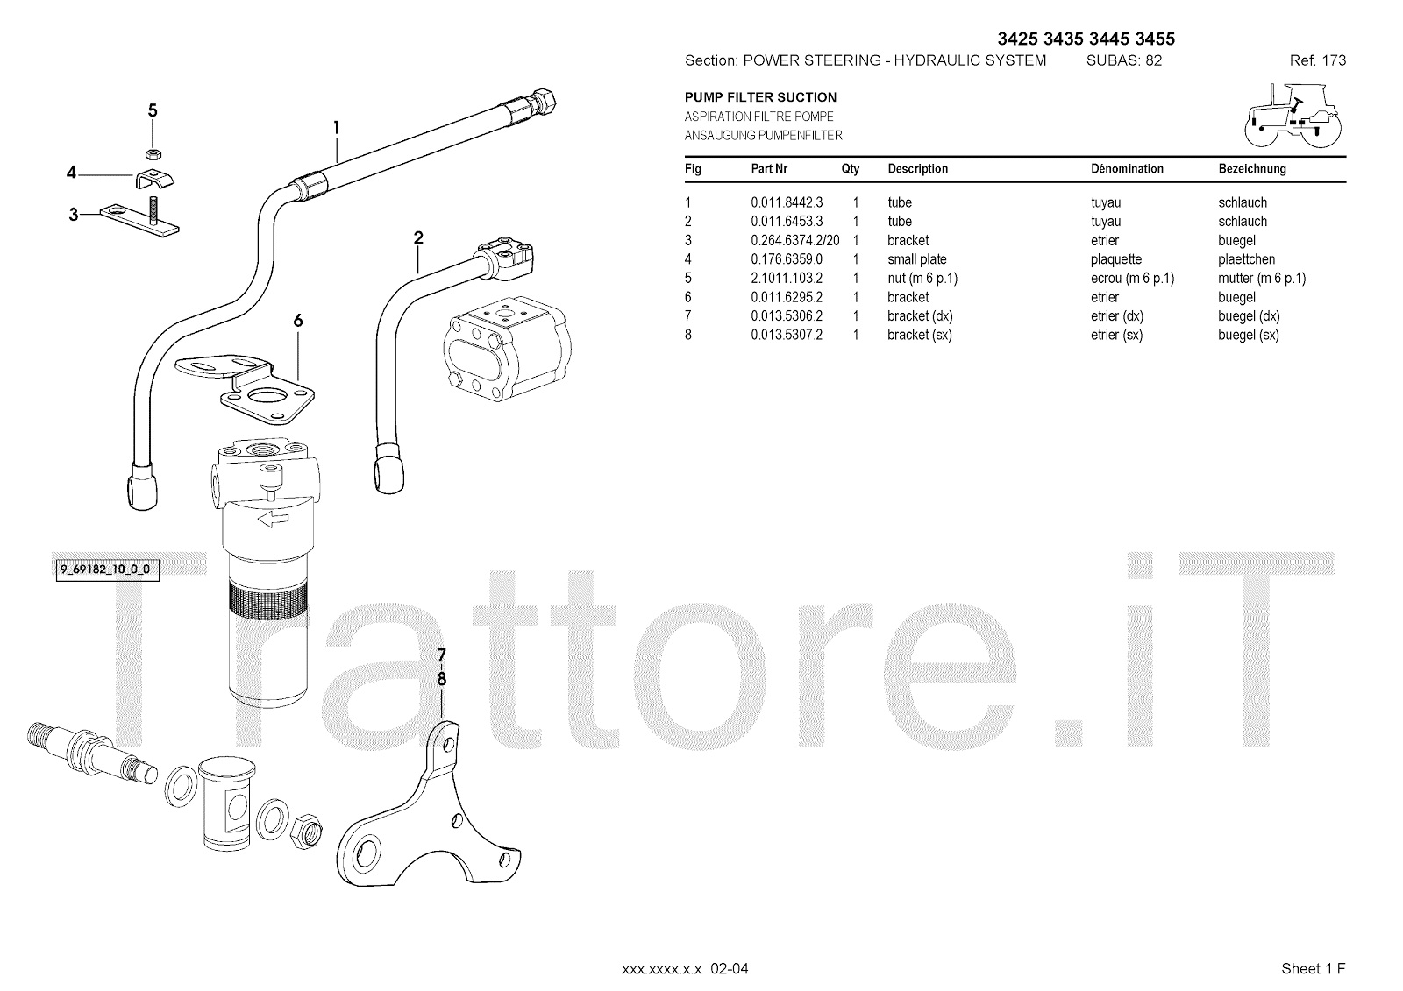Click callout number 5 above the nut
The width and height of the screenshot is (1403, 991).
[153, 110]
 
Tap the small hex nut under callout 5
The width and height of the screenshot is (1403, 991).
[153, 153]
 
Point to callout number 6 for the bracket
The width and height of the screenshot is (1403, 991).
[298, 322]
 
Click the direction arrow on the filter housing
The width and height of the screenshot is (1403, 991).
[273, 519]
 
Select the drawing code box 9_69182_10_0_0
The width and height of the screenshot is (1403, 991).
[107, 570]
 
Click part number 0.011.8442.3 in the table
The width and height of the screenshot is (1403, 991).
[787, 202]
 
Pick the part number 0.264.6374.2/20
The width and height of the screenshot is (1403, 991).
[794, 241]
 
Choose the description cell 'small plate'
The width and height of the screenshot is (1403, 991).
[917, 259]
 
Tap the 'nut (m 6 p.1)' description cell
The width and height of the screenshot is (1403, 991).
[922, 279]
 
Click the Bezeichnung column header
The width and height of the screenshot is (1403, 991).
[1252, 169]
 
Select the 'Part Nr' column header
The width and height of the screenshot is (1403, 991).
[769, 169]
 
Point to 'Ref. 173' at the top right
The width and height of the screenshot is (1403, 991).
[1318, 60]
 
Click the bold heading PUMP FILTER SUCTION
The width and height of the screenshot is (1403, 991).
[760, 97]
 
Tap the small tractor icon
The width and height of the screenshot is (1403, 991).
[1293, 116]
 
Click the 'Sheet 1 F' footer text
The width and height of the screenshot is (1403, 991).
[1313, 968]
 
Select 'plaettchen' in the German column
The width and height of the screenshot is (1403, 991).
[1246, 259]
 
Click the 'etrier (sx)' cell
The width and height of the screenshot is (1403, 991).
[1116, 335]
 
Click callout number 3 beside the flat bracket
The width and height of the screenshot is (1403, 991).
[74, 215]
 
